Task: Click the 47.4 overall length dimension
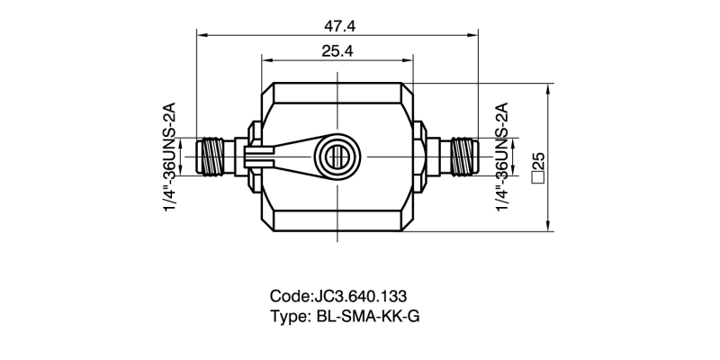pyautogui.click(x=337, y=22)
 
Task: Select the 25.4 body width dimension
pyautogui.click(x=337, y=51)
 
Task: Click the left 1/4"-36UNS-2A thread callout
pyautogui.click(x=168, y=158)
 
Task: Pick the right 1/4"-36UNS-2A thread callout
pyautogui.click(x=503, y=158)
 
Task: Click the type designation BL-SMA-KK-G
pyautogui.click(x=367, y=316)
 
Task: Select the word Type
pyautogui.click(x=289, y=316)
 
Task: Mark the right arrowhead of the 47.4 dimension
pyautogui.click(x=473, y=35)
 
